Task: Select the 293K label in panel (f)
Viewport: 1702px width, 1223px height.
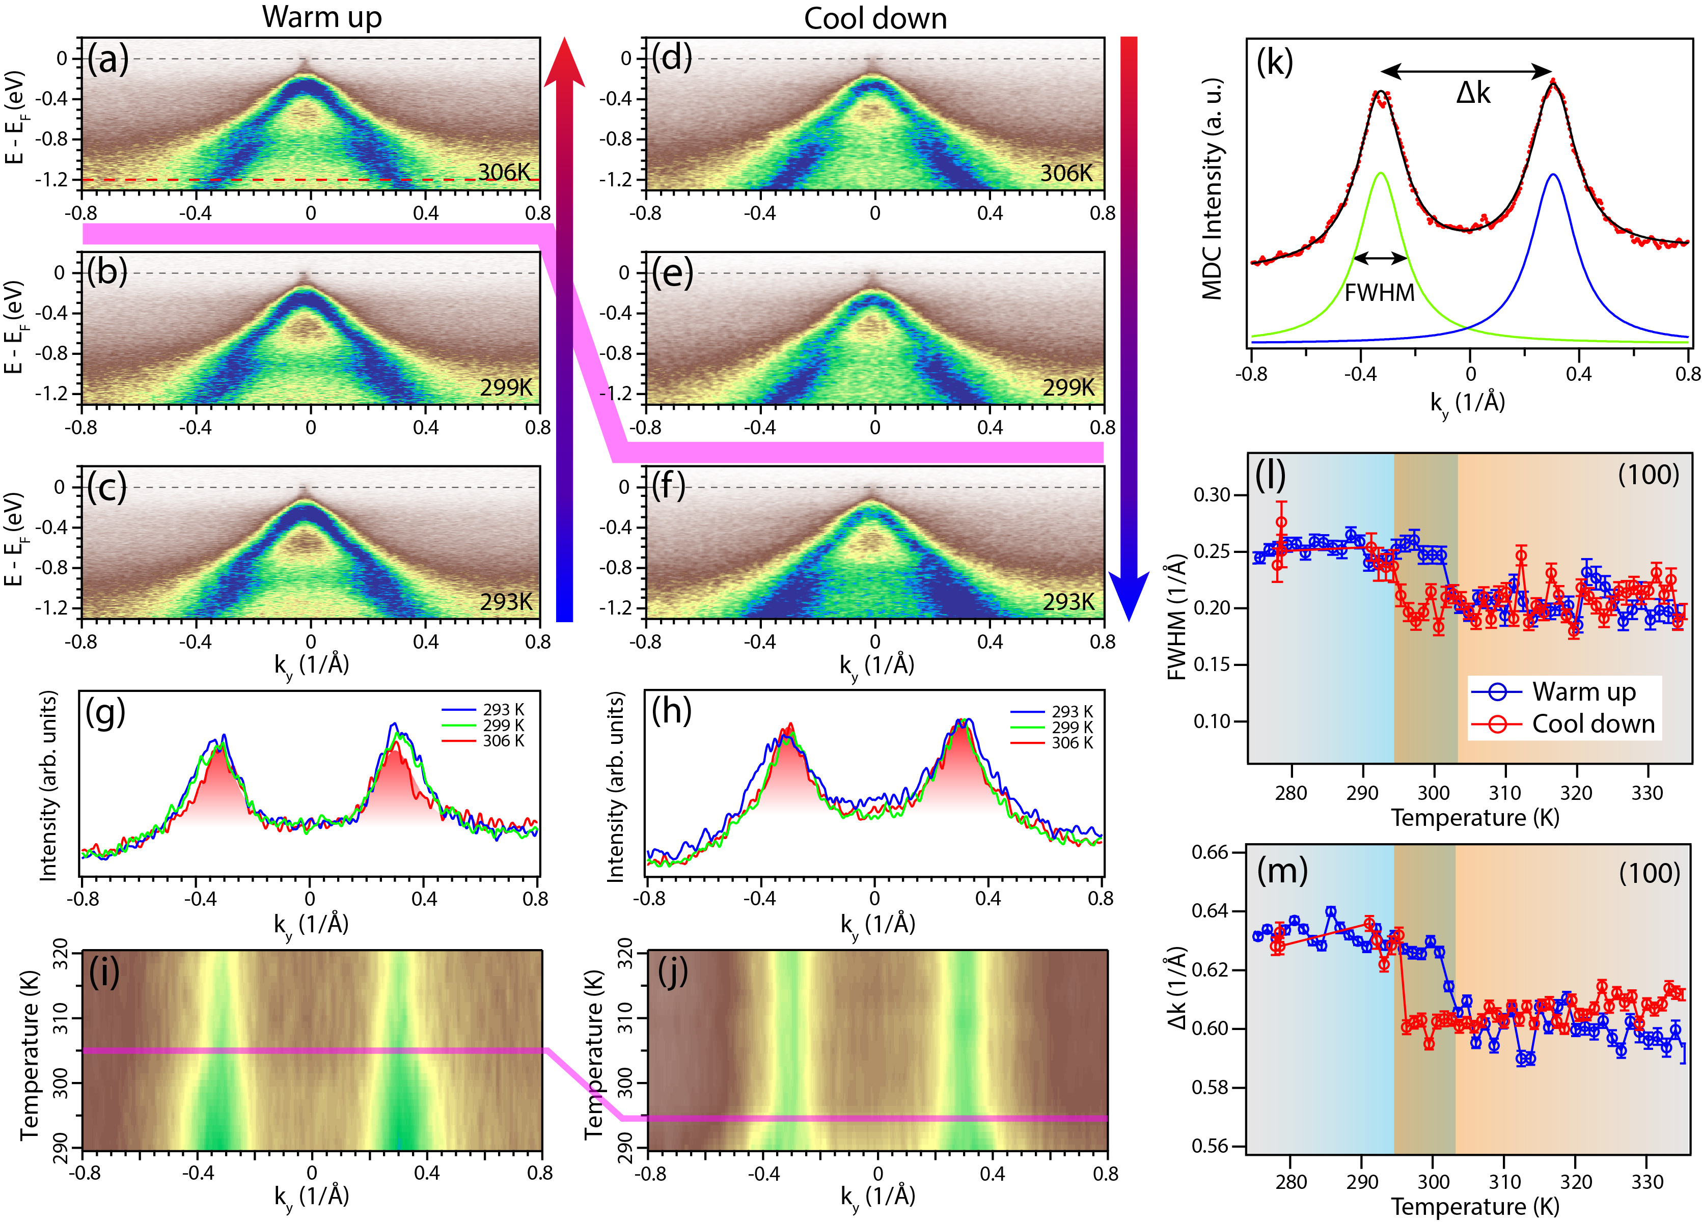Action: click(1068, 602)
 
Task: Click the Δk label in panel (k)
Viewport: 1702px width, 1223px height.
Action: click(1473, 93)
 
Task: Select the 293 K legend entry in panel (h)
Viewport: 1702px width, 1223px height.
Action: click(1072, 711)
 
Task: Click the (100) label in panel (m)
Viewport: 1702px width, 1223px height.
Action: click(1649, 873)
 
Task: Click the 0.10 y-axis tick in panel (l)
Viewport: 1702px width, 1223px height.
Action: click(1211, 721)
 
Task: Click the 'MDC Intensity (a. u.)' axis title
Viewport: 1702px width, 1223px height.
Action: click(1213, 187)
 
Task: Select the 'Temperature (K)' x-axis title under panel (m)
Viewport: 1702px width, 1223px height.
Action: click(1475, 1207)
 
